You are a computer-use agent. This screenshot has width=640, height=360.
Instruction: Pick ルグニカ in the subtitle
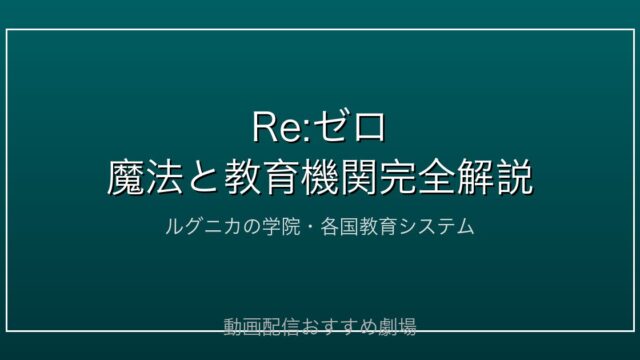click(x=203, y=227)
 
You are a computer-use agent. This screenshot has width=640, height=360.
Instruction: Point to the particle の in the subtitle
click(x=252, y=227)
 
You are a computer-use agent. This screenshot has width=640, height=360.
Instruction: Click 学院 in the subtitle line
click(x=281, y=227)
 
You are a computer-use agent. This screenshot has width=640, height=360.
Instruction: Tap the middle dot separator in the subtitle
click(x=310, y=227)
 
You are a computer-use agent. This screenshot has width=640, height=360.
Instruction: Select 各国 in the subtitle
click(x=340, y=227)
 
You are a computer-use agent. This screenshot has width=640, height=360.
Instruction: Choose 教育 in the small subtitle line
click(x=378, y=227)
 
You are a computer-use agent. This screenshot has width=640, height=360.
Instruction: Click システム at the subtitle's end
click(x=436, y=227)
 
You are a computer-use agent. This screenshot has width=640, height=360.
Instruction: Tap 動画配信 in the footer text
click(x=262, y=327)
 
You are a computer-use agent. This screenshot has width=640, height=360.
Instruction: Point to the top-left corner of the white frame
click(x=7, y=29)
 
